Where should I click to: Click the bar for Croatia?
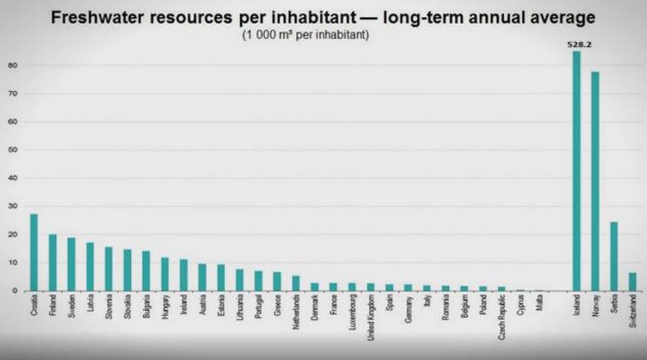(x=34, y=253)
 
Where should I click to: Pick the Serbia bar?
(x=614, y=256)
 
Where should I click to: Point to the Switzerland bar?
(x=633, y=282)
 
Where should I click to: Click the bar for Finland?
(x=52, y=262)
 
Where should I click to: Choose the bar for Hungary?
(x=165, y=274)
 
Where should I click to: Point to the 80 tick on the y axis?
(x=12, y=65)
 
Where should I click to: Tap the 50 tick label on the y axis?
(x=12, y=150)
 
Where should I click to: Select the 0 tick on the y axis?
(x=14, y=290)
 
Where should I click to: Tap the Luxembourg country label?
(x=352, y=314)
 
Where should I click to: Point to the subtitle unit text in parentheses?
(x=306, y=34)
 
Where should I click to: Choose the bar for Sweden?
(x=71, y=264)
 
